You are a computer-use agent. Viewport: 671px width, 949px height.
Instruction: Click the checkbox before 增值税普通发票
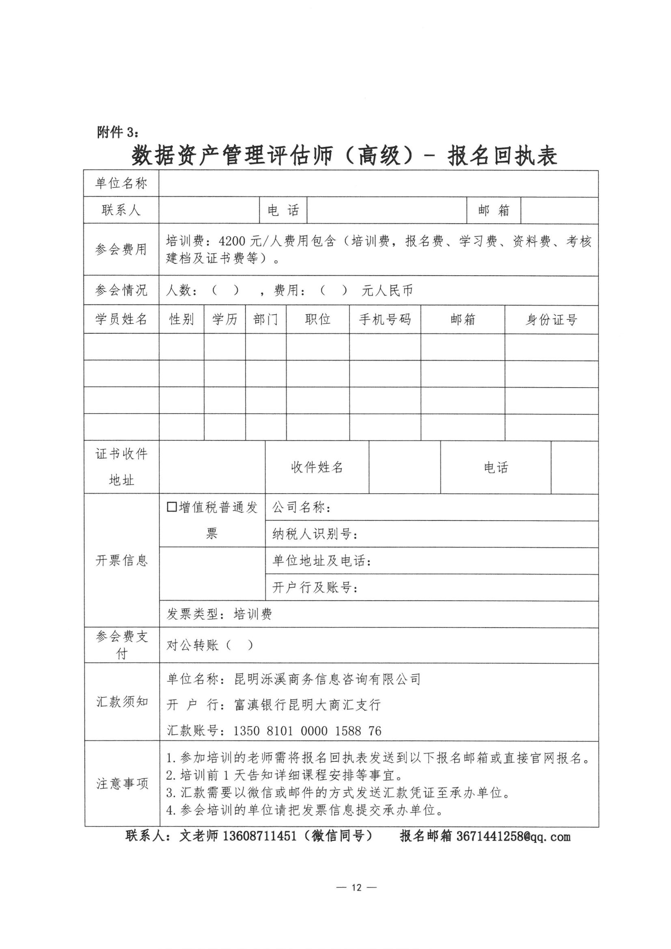[x=172, y=507]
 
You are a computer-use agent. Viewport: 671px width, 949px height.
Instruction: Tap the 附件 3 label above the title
[x=118, y=132]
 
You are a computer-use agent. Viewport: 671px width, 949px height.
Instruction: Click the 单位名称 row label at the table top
[x=121, y=183]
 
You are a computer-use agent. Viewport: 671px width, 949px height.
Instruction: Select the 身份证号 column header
[x=551, y=319]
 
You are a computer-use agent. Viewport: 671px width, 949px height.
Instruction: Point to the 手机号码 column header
[x=384, y=319]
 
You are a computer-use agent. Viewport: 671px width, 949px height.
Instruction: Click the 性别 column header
[x=181, y=319]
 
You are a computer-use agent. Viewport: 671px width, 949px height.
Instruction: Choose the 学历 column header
[x=224, y=319]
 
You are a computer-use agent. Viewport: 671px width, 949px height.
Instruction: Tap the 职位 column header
[x=317, y=319]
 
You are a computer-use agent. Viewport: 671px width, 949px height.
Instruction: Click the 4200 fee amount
[x=232, y=241]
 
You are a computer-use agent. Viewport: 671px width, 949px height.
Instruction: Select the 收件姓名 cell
[x=317, y=467]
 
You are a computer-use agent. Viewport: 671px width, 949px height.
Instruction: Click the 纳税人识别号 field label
[x=315, y=534]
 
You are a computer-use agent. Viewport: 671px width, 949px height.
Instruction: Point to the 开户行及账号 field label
[x=315, y=587]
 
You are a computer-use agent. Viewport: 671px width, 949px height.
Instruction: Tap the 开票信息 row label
[x=121, y=561]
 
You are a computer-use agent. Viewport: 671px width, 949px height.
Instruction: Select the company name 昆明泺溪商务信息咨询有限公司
[x=327, y=679]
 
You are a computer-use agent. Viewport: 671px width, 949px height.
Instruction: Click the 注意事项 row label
[x=122, y=784]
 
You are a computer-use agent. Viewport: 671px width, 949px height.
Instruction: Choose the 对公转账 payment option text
[x=192, y=645]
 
